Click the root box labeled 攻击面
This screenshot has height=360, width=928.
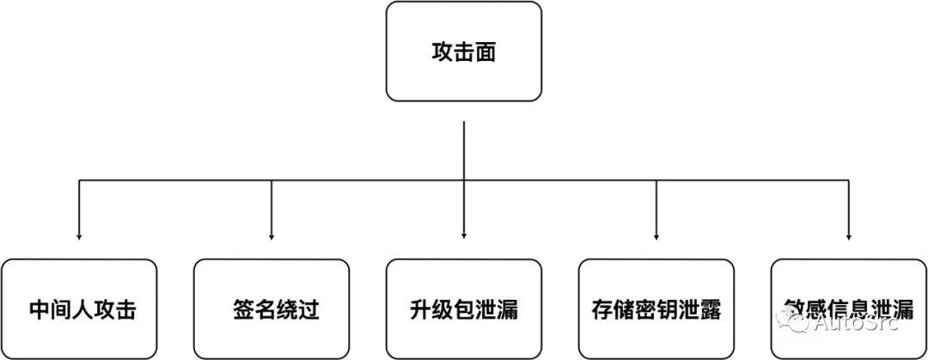click(464, 52)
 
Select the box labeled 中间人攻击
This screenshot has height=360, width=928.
click(79, 308)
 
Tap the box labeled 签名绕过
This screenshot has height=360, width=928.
click(272, 308)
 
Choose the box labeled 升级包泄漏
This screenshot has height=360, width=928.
click(464, 308)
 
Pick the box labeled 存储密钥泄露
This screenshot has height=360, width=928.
click(656, 308)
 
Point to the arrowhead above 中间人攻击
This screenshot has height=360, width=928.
click(79, 235)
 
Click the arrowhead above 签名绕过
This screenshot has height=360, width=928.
click(272, 235)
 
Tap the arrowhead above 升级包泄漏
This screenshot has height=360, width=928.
click(464, 235)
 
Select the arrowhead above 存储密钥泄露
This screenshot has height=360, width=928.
click(656, 235)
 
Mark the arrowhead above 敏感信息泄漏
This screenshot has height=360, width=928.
click(849, 235)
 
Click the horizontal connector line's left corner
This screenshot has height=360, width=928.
click(79, 180)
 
